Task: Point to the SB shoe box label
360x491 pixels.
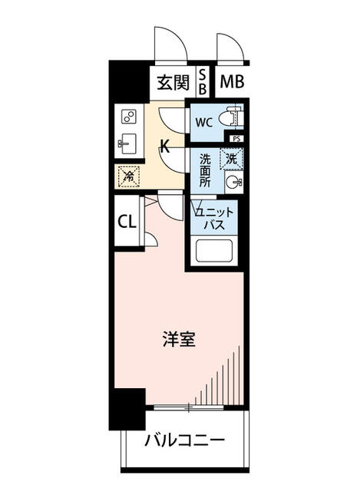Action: coord(203,82)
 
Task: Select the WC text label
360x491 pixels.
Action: coord(203,122)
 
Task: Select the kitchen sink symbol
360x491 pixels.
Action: coord(128,143)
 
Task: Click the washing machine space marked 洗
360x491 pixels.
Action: coord(231,159)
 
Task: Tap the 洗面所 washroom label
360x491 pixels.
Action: coord(205,170)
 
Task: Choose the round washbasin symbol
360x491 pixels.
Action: coord(233,183)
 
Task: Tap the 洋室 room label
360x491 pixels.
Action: coord(178,338)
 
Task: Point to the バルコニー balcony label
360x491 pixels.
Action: coord(185,441)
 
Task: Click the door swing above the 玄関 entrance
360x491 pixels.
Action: coord(169,44)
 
